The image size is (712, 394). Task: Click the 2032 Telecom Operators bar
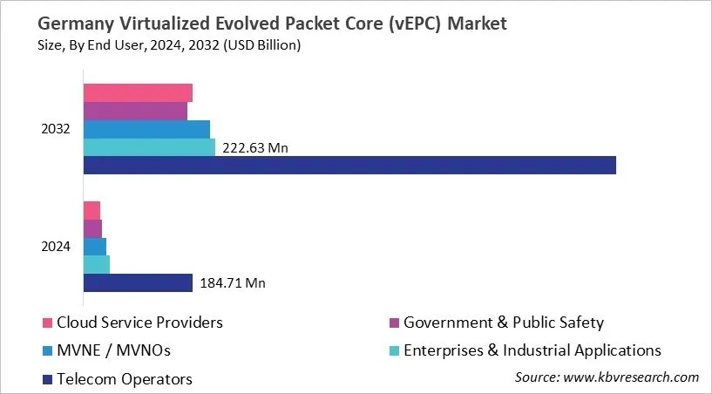coord(349,165)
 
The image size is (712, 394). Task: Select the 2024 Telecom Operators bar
coord(138,282)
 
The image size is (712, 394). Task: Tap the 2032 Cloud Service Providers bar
coord(138,93)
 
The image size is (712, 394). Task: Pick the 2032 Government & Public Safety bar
coord(135,112)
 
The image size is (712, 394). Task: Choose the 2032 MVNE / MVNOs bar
coord(146,129)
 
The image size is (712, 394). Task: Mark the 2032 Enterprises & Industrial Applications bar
coord(149,147)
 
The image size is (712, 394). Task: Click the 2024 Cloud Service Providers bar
coord(92,210)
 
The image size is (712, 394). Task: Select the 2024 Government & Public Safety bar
coord(92,228)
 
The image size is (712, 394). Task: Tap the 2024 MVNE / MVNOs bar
coord(94,247)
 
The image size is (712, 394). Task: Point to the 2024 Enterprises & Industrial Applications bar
coord(96,264)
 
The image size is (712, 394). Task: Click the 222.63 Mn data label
coord(254,148)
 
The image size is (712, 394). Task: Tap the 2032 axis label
coord(56,129)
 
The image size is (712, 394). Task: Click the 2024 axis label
coord(56,247)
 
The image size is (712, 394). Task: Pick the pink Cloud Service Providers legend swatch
coord(48,323)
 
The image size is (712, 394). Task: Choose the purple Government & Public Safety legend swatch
coord(395,323)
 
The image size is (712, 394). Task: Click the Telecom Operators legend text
coord(125,378)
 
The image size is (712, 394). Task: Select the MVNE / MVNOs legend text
coord(114,350)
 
